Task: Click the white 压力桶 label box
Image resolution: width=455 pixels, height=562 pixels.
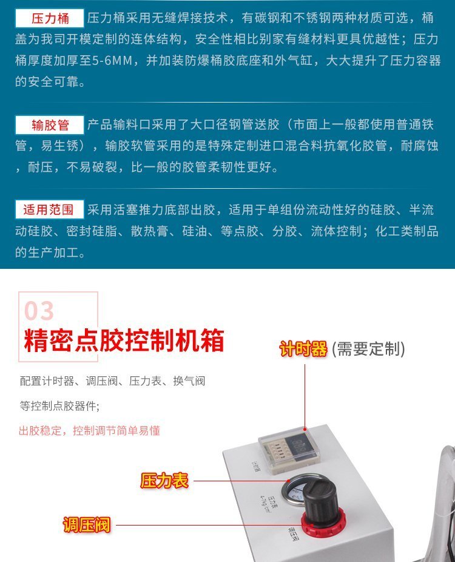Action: (50, 18)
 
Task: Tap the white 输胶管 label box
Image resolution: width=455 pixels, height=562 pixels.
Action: (50, 125)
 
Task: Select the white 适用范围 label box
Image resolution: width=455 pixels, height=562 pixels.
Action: (50, 209)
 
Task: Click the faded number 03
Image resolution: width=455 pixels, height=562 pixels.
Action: (39, 311)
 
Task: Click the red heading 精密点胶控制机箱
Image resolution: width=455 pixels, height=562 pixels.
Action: (124, 340)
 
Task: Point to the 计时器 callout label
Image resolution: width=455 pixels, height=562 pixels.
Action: (303, 349)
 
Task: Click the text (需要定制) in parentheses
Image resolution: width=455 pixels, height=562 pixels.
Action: (368, 349)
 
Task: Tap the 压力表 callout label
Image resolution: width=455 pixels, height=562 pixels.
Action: (164, 481)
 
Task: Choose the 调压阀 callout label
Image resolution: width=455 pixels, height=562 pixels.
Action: (87, 525)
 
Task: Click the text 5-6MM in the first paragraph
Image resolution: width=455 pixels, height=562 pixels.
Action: (112, 61)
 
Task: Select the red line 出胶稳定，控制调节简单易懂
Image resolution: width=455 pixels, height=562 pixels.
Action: (89, 430)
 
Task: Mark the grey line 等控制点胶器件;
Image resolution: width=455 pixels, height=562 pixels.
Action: (59, 406)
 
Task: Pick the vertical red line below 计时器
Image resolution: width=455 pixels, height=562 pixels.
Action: (305, 397)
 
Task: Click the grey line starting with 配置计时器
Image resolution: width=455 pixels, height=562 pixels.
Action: (112, 381)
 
